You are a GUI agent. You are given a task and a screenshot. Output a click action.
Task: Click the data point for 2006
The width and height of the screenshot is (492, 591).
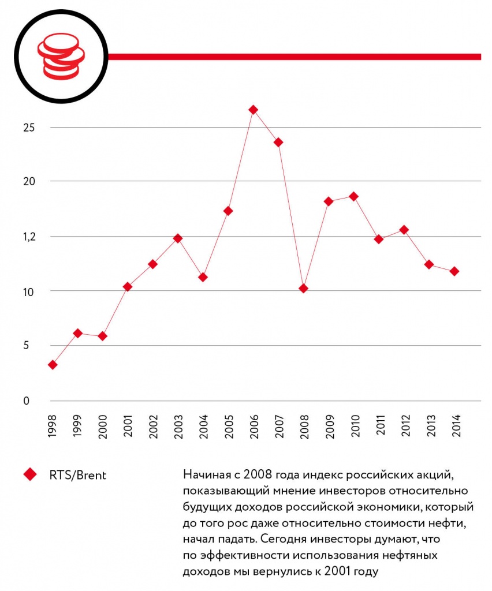253,110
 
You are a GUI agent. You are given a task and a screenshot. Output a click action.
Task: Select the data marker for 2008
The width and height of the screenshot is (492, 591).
303,288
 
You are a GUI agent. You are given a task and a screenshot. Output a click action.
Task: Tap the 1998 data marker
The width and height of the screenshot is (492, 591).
53,365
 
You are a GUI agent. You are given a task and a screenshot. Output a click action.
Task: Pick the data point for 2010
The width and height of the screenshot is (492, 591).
353,196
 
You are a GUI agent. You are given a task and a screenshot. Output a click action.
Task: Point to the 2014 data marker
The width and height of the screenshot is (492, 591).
454,271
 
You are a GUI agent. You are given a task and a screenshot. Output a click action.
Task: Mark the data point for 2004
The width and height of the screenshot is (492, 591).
203,277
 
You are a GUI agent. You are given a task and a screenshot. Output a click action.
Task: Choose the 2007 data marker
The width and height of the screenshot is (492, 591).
278,142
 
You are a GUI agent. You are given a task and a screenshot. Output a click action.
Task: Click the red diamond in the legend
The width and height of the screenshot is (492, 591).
30,474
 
